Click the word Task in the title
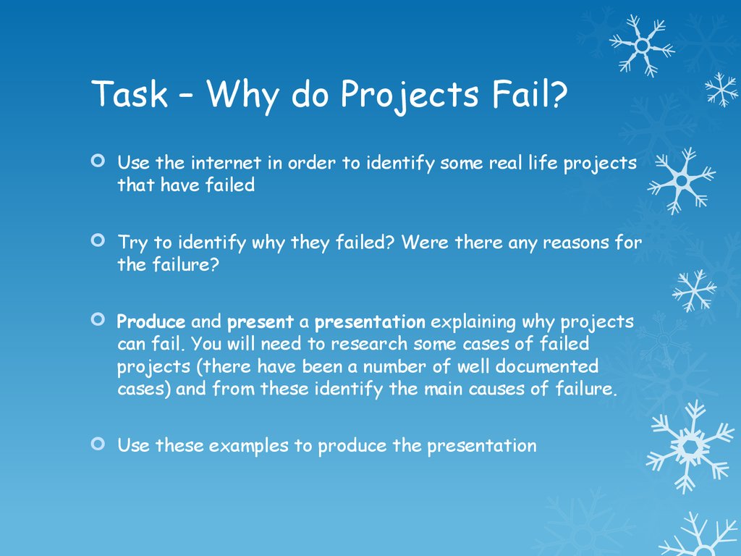[130, 93]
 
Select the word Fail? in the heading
[530, 93]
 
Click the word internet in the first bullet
[226, 163]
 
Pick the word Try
[133, 243]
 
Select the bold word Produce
[151, 322]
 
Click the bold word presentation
[370, 322]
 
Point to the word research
[369, 344]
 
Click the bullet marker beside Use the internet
[98, 161]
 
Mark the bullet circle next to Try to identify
[98, 240]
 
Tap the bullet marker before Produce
[98, 319]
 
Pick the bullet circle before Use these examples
[98, 444]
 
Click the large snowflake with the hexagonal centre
[690, 446]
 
